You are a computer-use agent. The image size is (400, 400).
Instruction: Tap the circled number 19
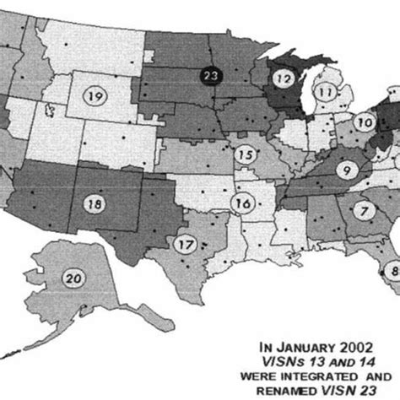coord(95,97)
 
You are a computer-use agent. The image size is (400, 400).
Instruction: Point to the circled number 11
coord(326,92)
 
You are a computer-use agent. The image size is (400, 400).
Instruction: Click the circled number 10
coord(365,123)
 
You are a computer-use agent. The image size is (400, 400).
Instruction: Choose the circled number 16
coord(244,203)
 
